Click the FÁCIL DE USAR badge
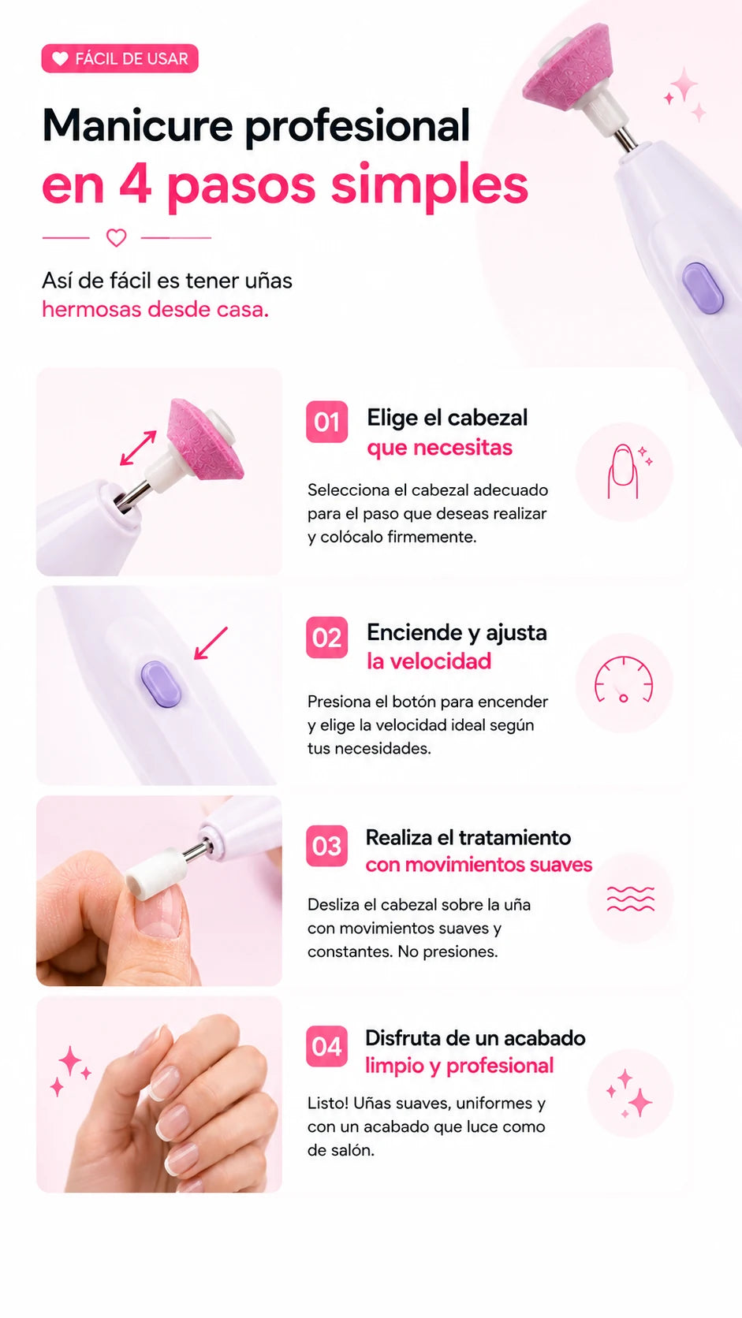(119, 58)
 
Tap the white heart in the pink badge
(60, 58)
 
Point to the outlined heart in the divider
(117, 238)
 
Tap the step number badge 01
(326, 421)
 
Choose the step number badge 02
(326, 637)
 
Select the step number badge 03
(326, 846)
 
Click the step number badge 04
(326, 1046)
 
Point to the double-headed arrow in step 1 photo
(138, 448)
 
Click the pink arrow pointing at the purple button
(211, 643)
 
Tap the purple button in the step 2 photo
(161, 683)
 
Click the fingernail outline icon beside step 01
(627, 471)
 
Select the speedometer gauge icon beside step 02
(624, 679)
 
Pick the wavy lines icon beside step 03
(630, 899)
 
